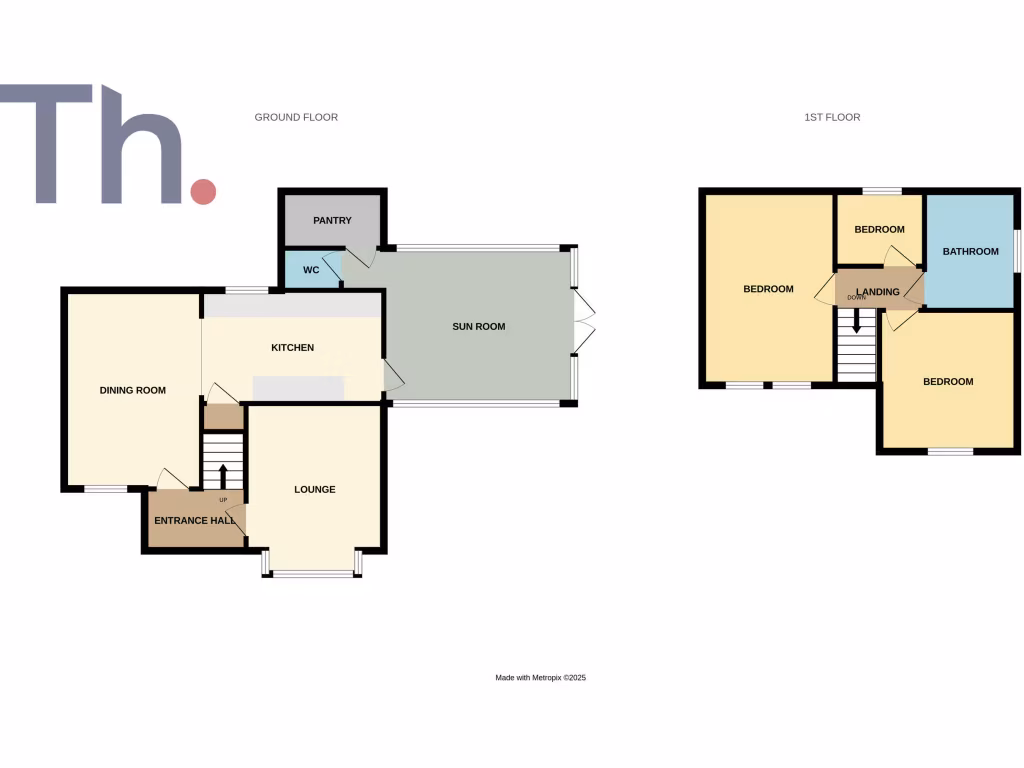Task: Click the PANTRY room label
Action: (332, 220)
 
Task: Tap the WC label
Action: (311, 270)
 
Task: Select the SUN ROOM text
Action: (479, 326)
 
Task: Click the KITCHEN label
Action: (293, 348)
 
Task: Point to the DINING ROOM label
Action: (132, 390)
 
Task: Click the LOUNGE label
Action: (314, 489)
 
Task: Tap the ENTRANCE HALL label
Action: (195, 520)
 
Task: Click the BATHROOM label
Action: (970, 251)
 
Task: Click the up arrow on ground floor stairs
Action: (223, 475)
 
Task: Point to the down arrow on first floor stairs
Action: (856, 322)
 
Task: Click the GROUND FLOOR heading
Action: (296, 117)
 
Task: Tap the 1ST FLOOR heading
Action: (832, 117)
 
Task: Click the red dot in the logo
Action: (203, 191)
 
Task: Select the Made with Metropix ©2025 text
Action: (540, 677)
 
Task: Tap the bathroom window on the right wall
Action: (1017, 250)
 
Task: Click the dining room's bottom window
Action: (105, 489)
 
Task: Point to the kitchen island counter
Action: (298, 387)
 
